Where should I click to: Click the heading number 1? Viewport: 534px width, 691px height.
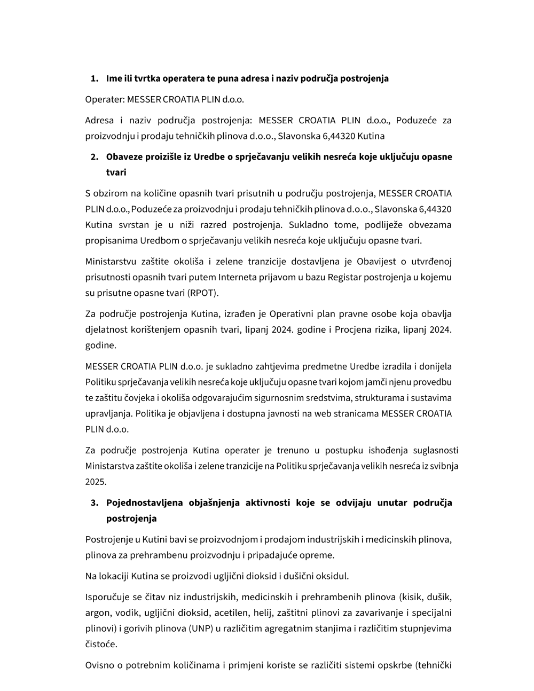[94, 78]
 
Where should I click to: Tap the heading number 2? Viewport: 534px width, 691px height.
[94, 156]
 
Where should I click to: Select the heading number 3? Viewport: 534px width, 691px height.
[94, 502]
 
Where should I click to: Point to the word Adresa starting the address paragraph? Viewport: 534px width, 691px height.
[99, 120]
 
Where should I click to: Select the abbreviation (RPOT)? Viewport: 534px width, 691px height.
[203, 293]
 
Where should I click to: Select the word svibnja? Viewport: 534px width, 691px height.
[444, 466]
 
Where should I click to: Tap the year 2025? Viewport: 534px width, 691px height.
[96, 482]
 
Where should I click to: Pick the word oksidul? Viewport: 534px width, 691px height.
[333, 576]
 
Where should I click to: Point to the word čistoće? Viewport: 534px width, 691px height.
[101, 644]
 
